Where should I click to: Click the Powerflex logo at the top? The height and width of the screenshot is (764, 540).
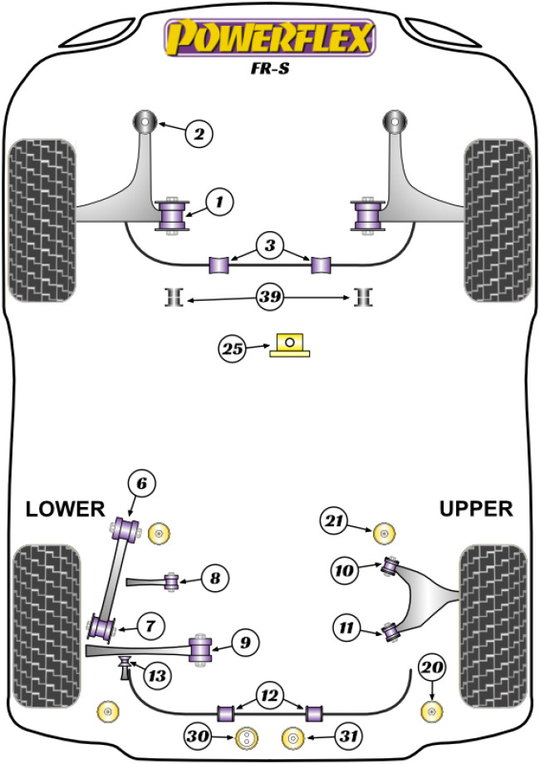tap(270, 38)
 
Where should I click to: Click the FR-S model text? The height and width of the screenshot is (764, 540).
tap(271, 71)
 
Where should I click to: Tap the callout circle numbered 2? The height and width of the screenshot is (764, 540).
tap(199, 133)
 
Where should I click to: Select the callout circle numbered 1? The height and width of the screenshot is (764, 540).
tap(220, 201)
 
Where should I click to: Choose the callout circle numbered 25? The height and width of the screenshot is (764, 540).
tap(233, 350)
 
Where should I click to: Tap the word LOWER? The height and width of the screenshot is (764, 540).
tap(65, 509)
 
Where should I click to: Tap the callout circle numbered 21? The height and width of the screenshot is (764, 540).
tap(333, 521)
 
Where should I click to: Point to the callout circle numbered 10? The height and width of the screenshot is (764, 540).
tap(343, 570)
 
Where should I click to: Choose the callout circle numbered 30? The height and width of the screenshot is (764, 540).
tap(199, 737)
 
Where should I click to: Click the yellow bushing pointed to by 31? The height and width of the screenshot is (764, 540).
tap(292, 737)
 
